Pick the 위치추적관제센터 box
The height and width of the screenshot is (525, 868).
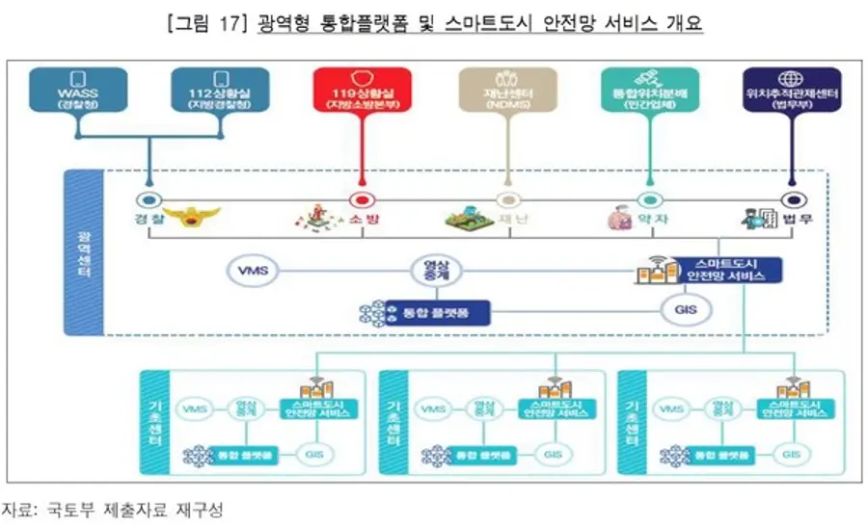point(791,90)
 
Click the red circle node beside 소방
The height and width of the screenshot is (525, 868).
point(362,201)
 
